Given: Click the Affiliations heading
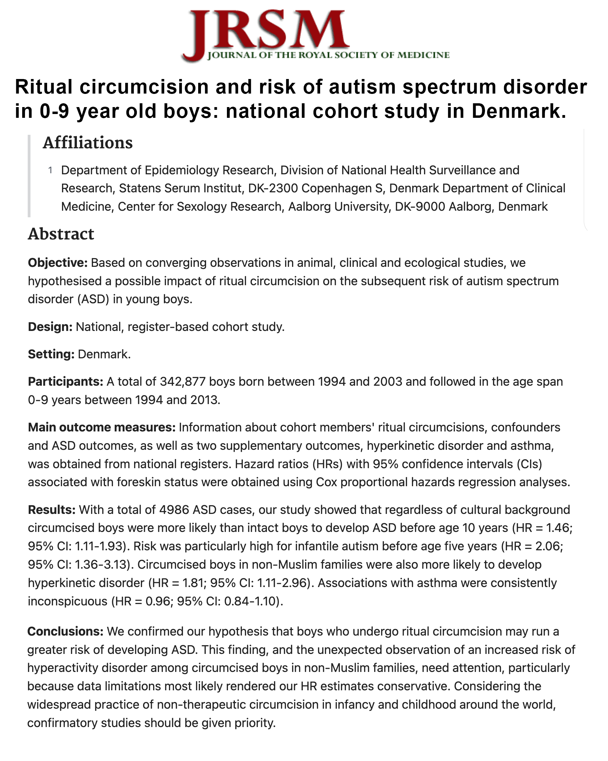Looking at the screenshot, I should (88, 143).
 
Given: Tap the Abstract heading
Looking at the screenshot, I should (61, 234).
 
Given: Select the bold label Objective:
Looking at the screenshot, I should (58, 263).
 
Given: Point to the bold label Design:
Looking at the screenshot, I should (50, 327).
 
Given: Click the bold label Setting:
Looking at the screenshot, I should (51, 354).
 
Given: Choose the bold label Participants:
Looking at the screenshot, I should (65, 382).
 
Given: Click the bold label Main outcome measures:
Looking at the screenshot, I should (102, 427).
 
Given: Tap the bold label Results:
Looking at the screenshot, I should (52, 510).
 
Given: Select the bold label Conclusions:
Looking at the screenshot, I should (65, 631).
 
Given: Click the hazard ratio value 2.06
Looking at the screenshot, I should (549, 546).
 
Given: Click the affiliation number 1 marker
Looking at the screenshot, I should (51, 170).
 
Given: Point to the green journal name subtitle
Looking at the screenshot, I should (328, 55).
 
